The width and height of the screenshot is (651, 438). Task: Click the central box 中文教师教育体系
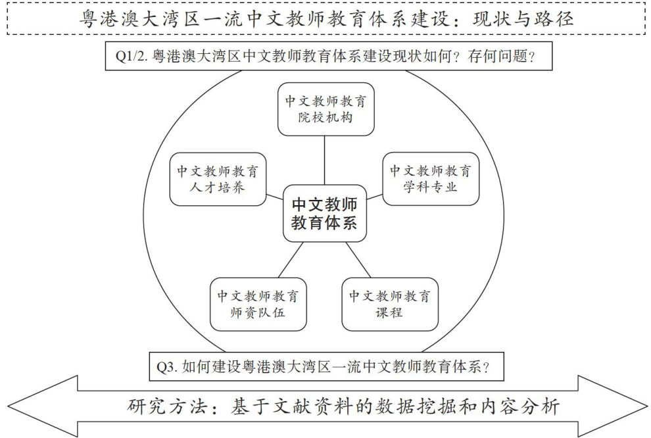(324, 214)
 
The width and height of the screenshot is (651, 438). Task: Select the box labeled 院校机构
(325, 109)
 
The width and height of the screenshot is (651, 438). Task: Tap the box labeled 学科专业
(431, 178)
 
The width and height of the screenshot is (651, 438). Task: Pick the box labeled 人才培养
(218, 178)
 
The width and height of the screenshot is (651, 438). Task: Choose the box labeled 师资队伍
(258, 304)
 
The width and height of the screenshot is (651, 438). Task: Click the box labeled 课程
(390, 304)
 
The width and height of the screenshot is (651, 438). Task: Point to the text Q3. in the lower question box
(167, 367)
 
